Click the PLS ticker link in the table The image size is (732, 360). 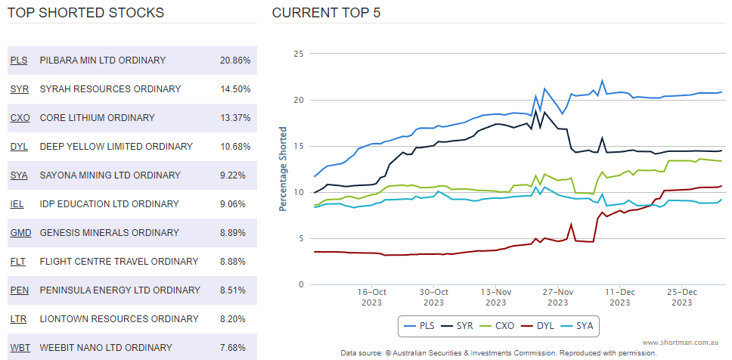(19, 61)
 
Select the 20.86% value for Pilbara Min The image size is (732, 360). (235, 61)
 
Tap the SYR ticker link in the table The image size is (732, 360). (20, 89)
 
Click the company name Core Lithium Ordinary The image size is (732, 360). (97, 118)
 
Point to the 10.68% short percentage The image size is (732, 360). (235, 147)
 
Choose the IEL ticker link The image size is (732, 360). (17, 204)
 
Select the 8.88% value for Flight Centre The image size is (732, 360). (235, 262)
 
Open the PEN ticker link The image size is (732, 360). (20, 290)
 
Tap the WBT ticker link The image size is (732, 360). (20, 348)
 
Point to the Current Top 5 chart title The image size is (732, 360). (326, 13)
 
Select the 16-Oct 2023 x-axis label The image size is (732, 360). (372, 296)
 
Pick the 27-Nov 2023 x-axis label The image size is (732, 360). (558, 296)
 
